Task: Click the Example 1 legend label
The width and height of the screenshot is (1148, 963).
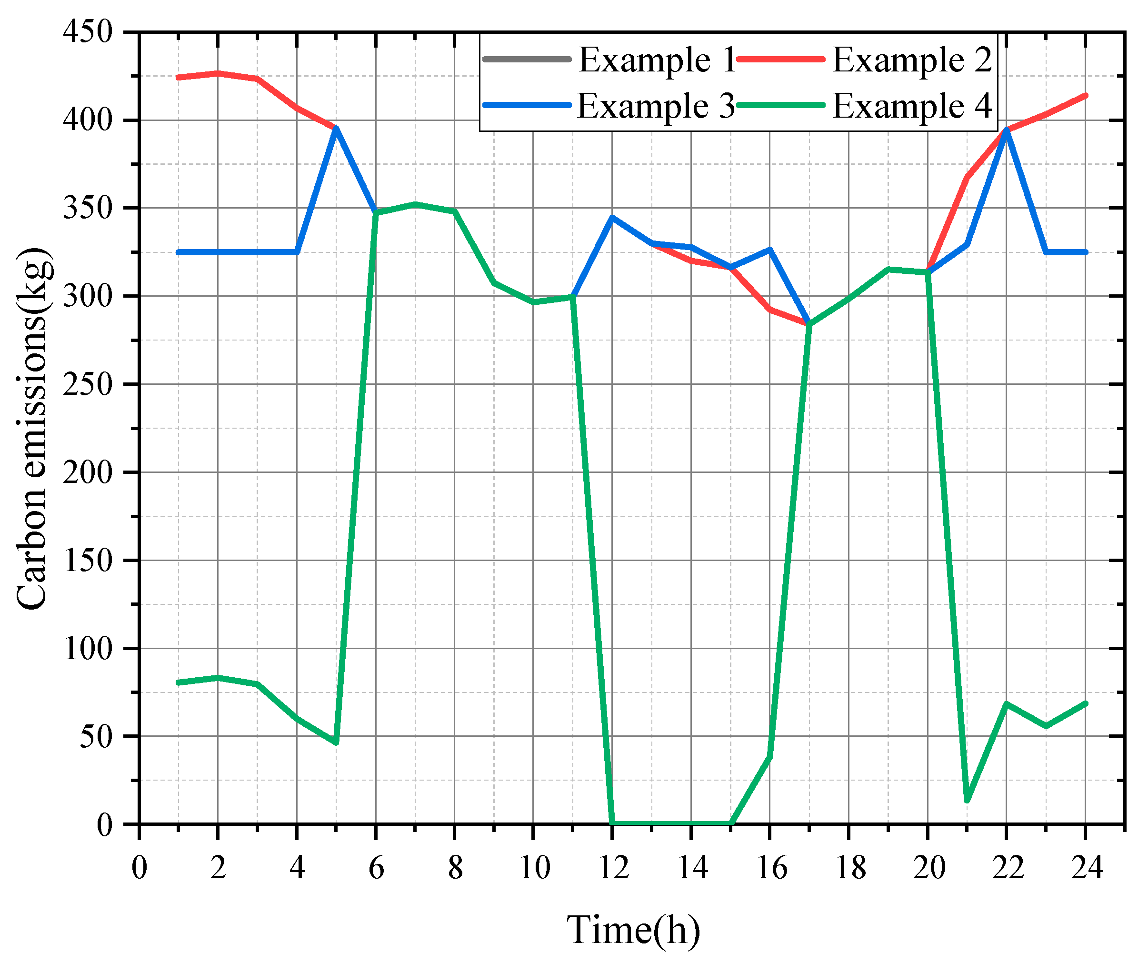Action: tap(658, 60)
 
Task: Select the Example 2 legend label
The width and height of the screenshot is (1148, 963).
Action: tap(912, 60)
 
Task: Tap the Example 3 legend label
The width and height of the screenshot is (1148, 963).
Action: tap(656, 106)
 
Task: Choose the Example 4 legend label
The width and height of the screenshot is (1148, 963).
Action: tap(912, 106)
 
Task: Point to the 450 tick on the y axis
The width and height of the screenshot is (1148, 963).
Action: tap(88, 32)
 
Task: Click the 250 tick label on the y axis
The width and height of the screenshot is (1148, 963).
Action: tap(88, 384)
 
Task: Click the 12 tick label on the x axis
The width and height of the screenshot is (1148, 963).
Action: tap(613, 868)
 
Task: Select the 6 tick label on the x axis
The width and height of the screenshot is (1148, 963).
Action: tap(376, 868)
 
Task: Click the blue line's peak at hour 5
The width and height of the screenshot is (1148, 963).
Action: tap(336, 128)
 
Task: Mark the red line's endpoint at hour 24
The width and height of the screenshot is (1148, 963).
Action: tap(1086, 96)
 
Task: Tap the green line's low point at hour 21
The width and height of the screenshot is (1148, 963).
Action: tap(967, 801)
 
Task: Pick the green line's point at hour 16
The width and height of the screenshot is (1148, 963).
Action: tap(770, 757)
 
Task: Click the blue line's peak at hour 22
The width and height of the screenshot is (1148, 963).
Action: tap(1007, 129)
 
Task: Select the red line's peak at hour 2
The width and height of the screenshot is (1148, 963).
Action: tap(218, 73)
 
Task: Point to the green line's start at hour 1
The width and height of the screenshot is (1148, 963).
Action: tap(179, 682)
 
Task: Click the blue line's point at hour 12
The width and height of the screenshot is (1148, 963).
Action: tap(612, 218)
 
